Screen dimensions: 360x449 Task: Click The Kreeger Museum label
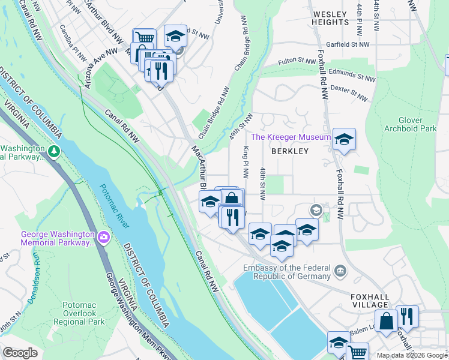pyautogui.click(x=291, y=137)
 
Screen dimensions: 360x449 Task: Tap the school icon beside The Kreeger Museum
pyautogui.click(x=344, y=139)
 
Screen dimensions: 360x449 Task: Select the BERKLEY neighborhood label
pyautogui.click(x=289, y=151)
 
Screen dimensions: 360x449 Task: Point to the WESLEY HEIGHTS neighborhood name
pyautogui.click(x=330, y=18)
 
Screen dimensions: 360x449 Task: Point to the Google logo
pyautogui.click(x=20, y=352)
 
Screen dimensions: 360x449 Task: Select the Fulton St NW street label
pyautogui.click(x=297, y=61)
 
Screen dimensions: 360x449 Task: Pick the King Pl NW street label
pyautogui.click(x=246, y=162)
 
